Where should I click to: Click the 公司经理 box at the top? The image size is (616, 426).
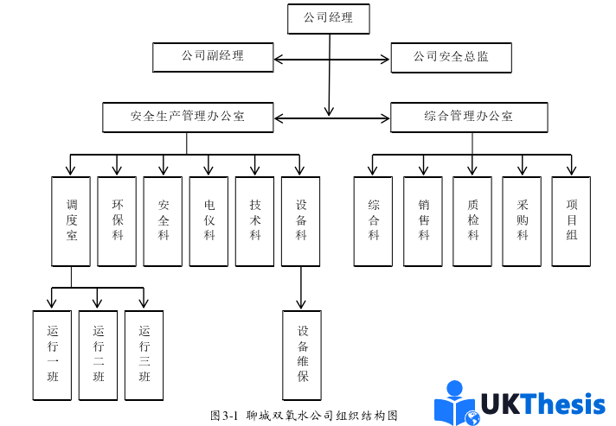click(x=328, y=18)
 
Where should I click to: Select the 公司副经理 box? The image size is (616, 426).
click(x=212, y=57)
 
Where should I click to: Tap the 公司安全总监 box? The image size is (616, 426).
click(x=451, y=58)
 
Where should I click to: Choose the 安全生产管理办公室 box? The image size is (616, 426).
click(x=188, y=117)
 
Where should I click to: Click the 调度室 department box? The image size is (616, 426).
click(x=71, y=220)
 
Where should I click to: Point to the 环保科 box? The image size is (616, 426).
click(x=117, y=220)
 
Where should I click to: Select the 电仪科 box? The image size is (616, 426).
click(x=209, y=220)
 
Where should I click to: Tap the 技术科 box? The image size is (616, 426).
click(x=255, y=220)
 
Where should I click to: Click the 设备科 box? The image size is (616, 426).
click(x=301, y=220)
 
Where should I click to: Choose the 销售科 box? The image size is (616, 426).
click(x=423, y=220)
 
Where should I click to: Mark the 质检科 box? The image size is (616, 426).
click(x=473, y=220)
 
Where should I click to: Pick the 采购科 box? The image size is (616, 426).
click(x=523, y=220)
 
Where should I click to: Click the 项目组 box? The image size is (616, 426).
click(x=572, y=220)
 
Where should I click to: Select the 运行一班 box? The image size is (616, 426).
click(x=52, y=354)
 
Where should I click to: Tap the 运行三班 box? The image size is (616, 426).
click(x=144, y=354)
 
